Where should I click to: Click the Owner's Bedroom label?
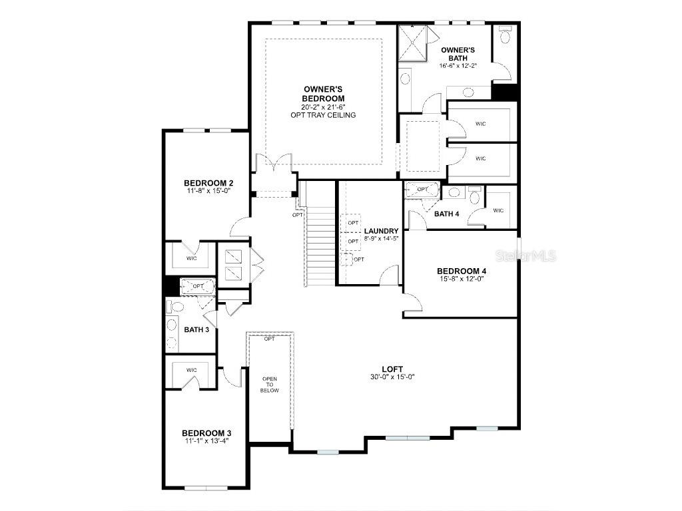click(x=323, y=94)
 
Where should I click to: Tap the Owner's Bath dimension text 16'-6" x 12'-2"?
click(x=458, y=66)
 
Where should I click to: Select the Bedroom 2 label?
click(x=208, y=183)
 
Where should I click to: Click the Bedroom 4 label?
click(x=462, y=271)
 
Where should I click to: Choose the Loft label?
click(x=392, y=369)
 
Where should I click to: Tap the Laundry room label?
click(x=381, y=231)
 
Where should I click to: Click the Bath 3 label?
click(x=196, y=329)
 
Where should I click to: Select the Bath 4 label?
click(x=446, y=214)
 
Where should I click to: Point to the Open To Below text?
click(x=270, y=384)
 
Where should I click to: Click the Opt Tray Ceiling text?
click(x=323, y=115)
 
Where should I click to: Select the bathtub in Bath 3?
click(x=197, y=287)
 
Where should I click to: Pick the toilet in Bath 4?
click(x=475, y=196)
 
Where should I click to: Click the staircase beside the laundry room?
click(x=320, y=246)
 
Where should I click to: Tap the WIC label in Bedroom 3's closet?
click(x=192, y=370)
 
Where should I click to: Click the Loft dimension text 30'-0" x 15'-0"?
click(x=392, y=377)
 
